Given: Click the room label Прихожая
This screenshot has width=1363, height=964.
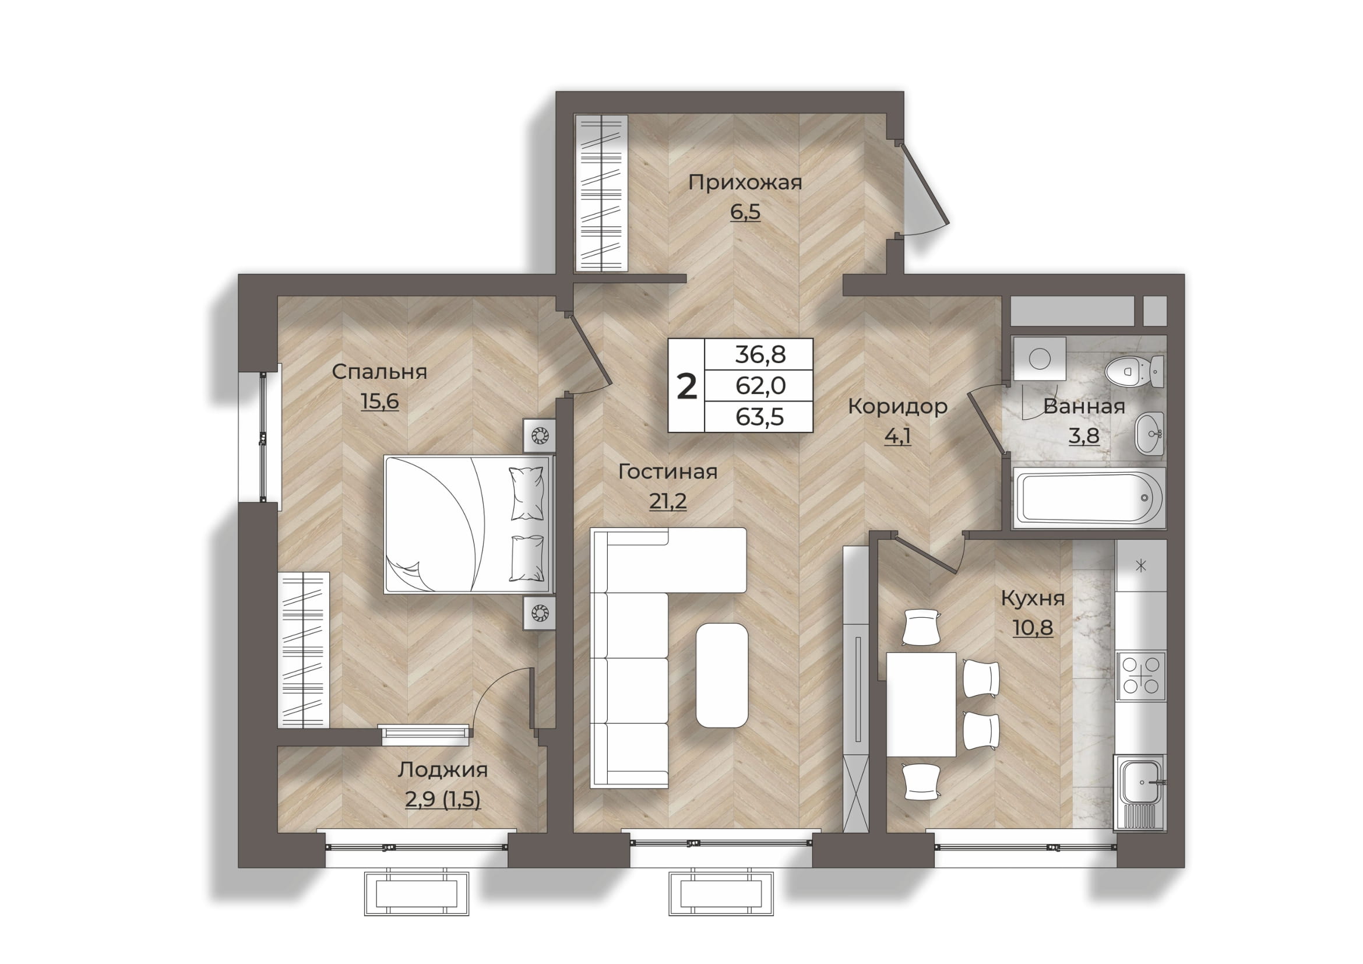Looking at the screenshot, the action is coord(745,183).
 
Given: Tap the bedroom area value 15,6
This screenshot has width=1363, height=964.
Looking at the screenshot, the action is coord(380,402).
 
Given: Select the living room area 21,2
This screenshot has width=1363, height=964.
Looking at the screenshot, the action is coord(668,502).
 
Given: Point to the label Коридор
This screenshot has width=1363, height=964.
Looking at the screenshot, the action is coord(897,407).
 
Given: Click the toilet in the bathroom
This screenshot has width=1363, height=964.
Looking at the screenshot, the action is coord(1135,372).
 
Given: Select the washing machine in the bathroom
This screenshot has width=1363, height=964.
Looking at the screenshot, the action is coord(1040,358).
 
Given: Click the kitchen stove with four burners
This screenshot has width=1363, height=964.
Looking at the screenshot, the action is coord(1141,676).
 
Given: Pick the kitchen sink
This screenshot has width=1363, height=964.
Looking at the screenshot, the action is coord(1140,792).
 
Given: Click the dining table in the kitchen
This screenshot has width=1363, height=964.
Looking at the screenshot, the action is coord(921,705).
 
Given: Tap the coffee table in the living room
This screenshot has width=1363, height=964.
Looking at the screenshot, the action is coord(722,675).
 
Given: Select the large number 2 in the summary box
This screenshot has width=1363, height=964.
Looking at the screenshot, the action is coord(687,386).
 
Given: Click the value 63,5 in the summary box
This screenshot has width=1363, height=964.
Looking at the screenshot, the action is coord(760,417).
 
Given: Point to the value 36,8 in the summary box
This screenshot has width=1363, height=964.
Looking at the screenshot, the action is coord(760,355).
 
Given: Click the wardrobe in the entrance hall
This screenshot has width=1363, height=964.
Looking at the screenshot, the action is coord(601,193).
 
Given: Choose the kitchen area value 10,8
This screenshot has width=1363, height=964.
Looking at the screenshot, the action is coord(1033,628).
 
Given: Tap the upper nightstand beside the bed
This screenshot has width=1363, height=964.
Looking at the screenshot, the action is coord(539,437).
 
